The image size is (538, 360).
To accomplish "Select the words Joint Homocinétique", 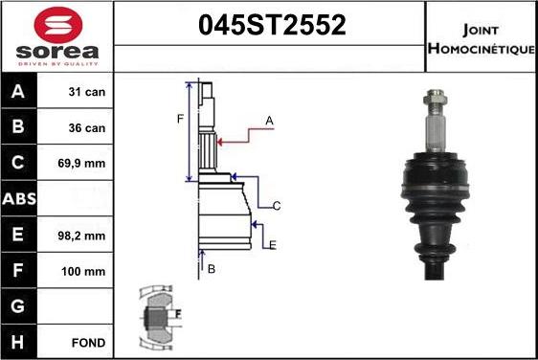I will point(481,37).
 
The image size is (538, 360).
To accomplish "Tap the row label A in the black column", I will point(19,93).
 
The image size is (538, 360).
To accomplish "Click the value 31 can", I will point(85,93).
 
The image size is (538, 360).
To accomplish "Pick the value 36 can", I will point(85,128).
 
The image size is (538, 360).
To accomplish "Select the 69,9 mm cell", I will point(82,164).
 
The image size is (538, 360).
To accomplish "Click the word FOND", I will point(88,342).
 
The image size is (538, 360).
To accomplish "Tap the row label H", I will point(19,342).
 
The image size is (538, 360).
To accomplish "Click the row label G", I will point(19,306).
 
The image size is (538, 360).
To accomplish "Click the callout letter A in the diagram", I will point(270,121).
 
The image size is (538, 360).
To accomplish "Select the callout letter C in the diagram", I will point(276,206).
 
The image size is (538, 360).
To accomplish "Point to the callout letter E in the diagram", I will point(273,246).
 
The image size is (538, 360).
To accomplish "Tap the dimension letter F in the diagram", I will point(179,120).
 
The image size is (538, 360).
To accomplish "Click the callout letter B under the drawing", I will point(212,269).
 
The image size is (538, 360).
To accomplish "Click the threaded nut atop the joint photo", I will point(433,99).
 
